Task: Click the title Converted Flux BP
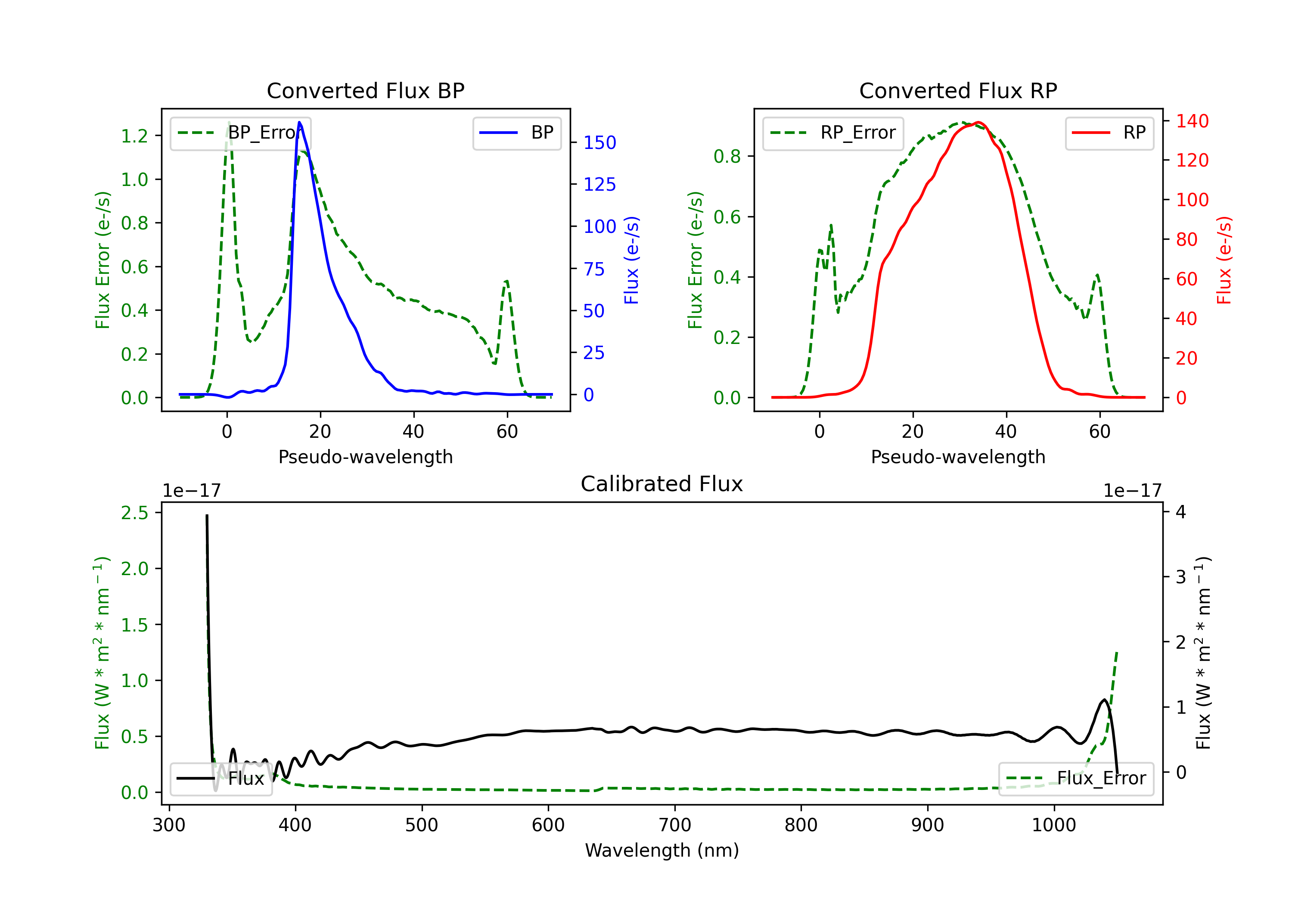(x=365, y=90)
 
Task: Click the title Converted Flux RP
(x=958, y=90)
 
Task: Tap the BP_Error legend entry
(x=240, y=133)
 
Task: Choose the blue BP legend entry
(x=516, y=133)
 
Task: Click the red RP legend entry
(x=1109, y=133)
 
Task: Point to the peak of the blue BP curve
(x=299, y=122)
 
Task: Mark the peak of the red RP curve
(x=978, y=122)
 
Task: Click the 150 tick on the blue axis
(x=599, y=142)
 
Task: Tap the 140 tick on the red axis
(x=1192, y=121)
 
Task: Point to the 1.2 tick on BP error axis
(x=134, y=136)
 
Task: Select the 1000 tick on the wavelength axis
(x=1053, y=825)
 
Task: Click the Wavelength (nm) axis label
(x=662, y=850)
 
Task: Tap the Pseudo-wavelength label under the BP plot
(x=365, y=457)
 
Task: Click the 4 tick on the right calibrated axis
(x=1180, y=512)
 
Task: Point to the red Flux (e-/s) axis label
(x=1224, y=260)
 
